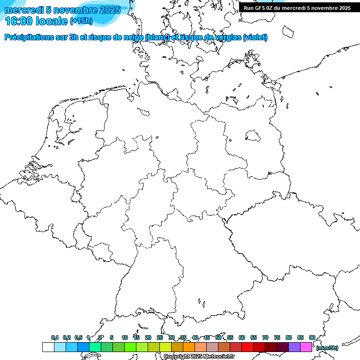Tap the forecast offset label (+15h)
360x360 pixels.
coord(81,21)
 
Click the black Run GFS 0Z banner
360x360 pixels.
coord(297,8)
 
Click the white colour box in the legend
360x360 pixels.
coord(48,347)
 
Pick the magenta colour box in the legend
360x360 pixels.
coord(306,347)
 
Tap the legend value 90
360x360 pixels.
coord(312,337)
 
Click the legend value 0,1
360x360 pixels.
coord(55,337)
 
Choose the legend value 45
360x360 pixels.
coord(207,337)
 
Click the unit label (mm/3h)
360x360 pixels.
coord(327,348)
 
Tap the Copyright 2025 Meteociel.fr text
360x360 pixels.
coord(199,357)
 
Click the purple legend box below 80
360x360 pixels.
coord(294,347)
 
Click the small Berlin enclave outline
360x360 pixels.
coord(253,135)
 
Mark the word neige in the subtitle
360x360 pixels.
coord(133,37)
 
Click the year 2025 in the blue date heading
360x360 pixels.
coord(110,10)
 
